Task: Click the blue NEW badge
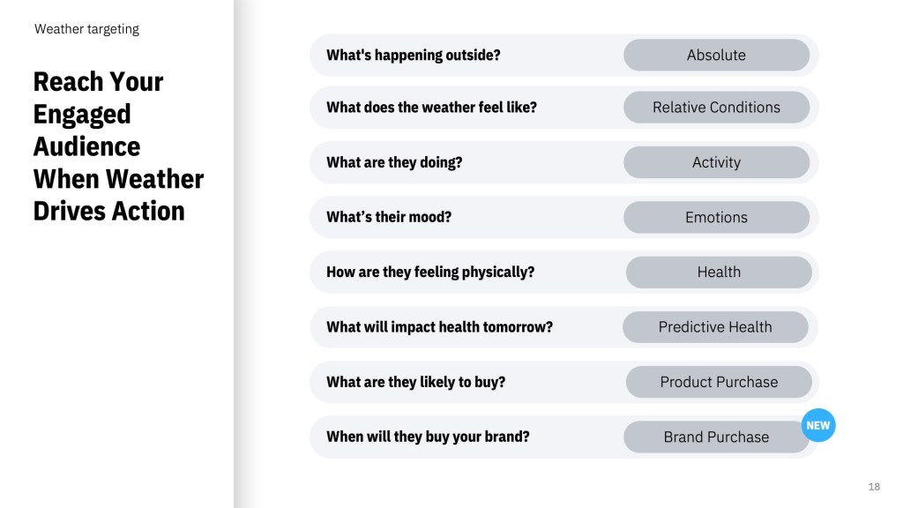817,425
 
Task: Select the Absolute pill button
716,55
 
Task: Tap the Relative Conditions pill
716,107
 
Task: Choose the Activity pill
716,162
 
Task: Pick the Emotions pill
716,217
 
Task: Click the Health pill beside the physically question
719,272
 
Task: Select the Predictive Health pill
715,326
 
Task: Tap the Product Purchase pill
719,382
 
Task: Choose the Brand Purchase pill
716,437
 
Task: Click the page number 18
874,487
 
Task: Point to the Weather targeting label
86,29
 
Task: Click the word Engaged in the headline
82,115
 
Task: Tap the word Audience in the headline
86,146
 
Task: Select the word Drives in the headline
70,211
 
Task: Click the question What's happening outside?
413,55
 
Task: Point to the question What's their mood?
389,217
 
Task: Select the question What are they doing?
394,162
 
